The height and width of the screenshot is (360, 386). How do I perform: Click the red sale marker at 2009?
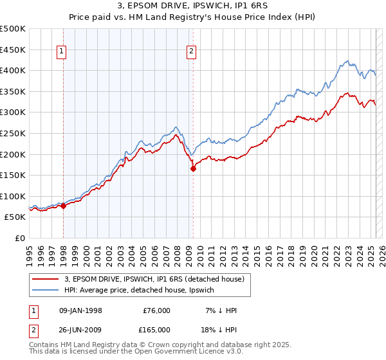coord(193,169)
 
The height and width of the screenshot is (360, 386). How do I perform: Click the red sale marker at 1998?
coord(64,206)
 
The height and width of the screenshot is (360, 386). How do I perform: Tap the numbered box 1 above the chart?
coord(62,53)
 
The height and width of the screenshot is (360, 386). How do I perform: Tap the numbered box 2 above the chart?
coord(192,53)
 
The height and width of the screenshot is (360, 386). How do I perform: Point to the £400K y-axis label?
coord(13,70)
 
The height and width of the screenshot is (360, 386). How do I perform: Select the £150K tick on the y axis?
coord(13,175)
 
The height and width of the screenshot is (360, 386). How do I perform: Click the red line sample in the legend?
coord(44,280)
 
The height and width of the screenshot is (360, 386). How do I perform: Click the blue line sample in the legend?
coord(44,291)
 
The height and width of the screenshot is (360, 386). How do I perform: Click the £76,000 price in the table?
coord(156,310)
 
